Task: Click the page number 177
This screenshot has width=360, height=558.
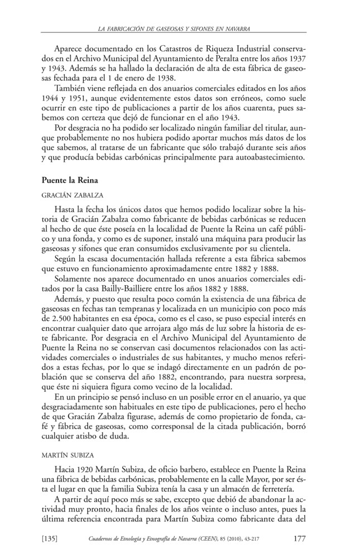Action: pos(299,538)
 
